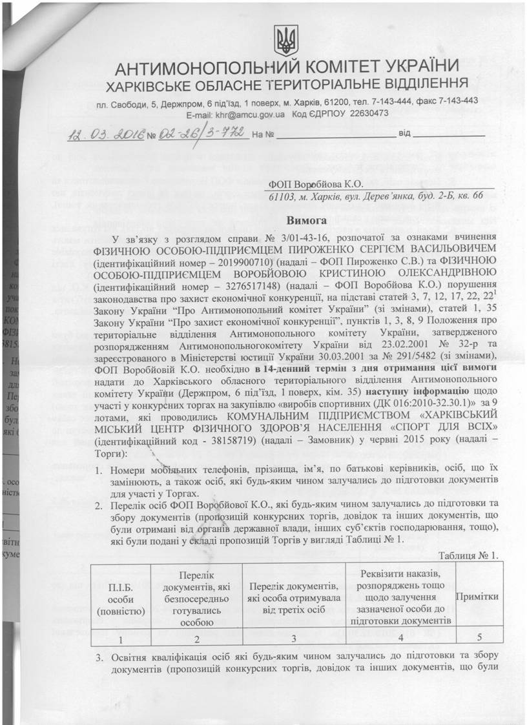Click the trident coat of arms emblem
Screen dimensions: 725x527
pos(284,41)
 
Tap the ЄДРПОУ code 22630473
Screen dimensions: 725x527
pos(366,114)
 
